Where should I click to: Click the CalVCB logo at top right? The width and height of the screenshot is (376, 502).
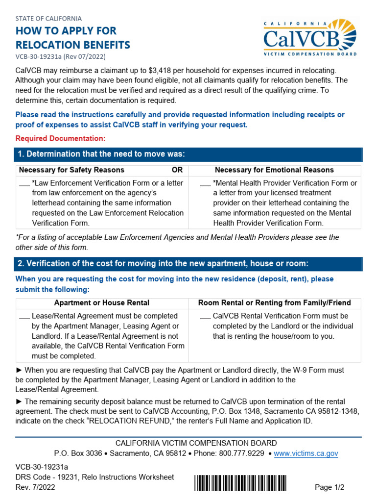tap(310, 38)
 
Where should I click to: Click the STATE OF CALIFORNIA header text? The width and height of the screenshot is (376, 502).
tap(48, 19)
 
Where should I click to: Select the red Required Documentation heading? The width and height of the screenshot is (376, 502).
tap(60, 138)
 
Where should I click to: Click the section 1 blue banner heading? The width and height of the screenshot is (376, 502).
tap(188, 154)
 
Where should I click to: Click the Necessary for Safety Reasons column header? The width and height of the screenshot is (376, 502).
tap(71, 170)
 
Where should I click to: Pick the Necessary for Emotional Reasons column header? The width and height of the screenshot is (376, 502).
tap(274, 170)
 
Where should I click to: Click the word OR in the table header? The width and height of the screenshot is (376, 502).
tap(177, 170)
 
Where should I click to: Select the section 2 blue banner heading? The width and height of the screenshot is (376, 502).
tap(188, 264)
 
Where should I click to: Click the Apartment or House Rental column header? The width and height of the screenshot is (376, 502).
tap(102, 303)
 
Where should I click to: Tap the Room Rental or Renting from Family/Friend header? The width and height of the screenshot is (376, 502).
tap(274, 303)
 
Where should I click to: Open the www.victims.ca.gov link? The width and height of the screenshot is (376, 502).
tap(306, 453)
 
